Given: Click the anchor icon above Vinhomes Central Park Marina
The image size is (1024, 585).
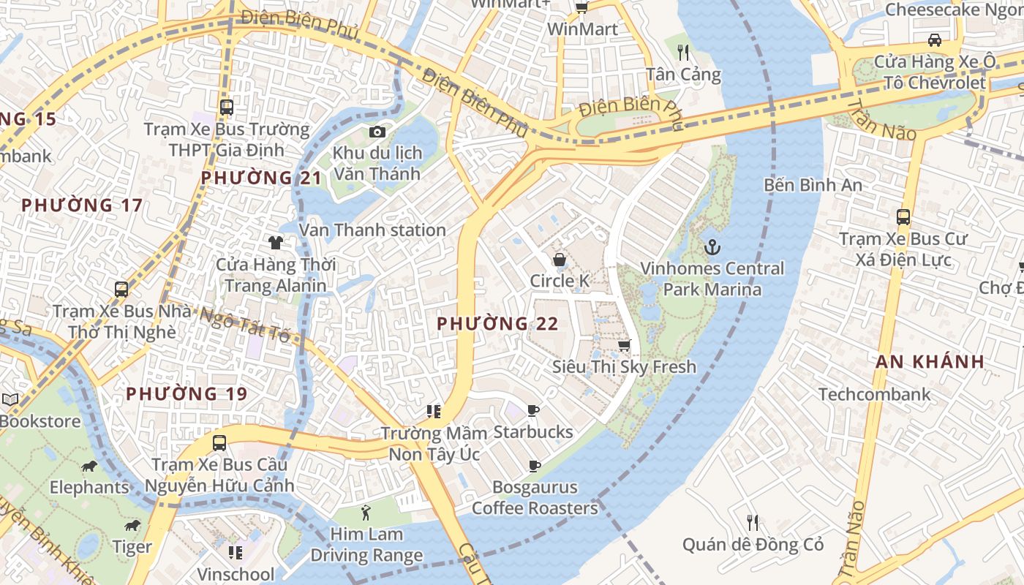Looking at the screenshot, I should tap(712, 247).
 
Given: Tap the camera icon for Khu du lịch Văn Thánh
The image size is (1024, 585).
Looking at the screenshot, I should tap(377, 132).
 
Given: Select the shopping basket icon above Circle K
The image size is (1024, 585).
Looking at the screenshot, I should tap(560, 260).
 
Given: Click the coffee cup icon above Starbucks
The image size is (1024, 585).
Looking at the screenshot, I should tap(533, 411).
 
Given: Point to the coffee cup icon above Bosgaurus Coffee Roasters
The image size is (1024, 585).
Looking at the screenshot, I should tap(535, 466).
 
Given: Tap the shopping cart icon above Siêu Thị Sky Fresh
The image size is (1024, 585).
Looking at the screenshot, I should tap(624, 345).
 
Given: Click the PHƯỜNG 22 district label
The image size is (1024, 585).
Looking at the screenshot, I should tap(497, 323).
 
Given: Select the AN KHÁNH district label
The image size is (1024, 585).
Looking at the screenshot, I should tap(930, 361).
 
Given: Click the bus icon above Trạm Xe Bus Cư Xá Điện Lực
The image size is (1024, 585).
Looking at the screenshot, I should tap(903, 217).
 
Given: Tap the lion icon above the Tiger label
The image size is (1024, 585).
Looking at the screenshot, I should tap(132, 526).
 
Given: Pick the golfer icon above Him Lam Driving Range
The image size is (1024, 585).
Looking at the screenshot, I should tap(366, 513).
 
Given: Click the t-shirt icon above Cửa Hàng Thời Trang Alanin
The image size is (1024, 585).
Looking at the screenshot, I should tap(275, 243).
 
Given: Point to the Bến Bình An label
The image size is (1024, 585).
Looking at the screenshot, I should tap(813, 185).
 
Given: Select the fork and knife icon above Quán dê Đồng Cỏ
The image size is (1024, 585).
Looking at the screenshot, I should tap(753, 522).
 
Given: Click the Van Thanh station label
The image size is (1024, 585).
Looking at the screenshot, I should tap(372, 230).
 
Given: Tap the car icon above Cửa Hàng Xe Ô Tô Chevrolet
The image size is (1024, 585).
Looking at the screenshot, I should tap(934, 39).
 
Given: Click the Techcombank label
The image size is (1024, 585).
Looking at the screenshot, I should tap(875, 394).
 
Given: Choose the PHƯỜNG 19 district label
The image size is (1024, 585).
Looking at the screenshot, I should tap(187, 394).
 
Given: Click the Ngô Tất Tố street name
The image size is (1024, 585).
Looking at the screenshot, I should tap(245, 324).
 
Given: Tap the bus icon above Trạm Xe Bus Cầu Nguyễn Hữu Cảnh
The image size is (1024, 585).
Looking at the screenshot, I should tap(219, 442).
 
